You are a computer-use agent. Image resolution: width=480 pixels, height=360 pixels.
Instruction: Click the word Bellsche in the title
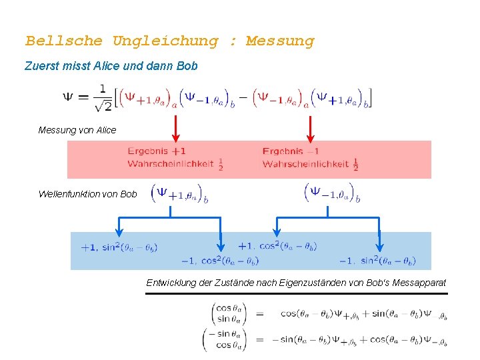[64, 41]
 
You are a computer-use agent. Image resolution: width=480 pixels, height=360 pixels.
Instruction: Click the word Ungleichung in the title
[165, 41]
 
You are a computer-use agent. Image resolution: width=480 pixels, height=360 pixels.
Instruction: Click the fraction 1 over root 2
[103, 97]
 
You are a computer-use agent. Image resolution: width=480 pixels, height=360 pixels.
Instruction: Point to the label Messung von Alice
[77, 130]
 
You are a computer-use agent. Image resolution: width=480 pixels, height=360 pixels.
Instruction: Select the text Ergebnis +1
[157, 151]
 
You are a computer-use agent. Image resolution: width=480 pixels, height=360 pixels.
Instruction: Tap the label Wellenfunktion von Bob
[87, 194]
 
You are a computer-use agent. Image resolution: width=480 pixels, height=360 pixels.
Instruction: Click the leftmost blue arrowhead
[119, 231]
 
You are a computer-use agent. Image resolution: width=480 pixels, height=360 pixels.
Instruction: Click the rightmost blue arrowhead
[379, 245]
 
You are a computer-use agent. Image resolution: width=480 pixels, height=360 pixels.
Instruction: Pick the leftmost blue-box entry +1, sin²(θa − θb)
[119, 248]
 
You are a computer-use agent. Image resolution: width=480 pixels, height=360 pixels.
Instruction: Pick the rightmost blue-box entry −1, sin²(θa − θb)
[378, 261]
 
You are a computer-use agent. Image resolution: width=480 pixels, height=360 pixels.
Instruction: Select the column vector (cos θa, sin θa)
[229, 313]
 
